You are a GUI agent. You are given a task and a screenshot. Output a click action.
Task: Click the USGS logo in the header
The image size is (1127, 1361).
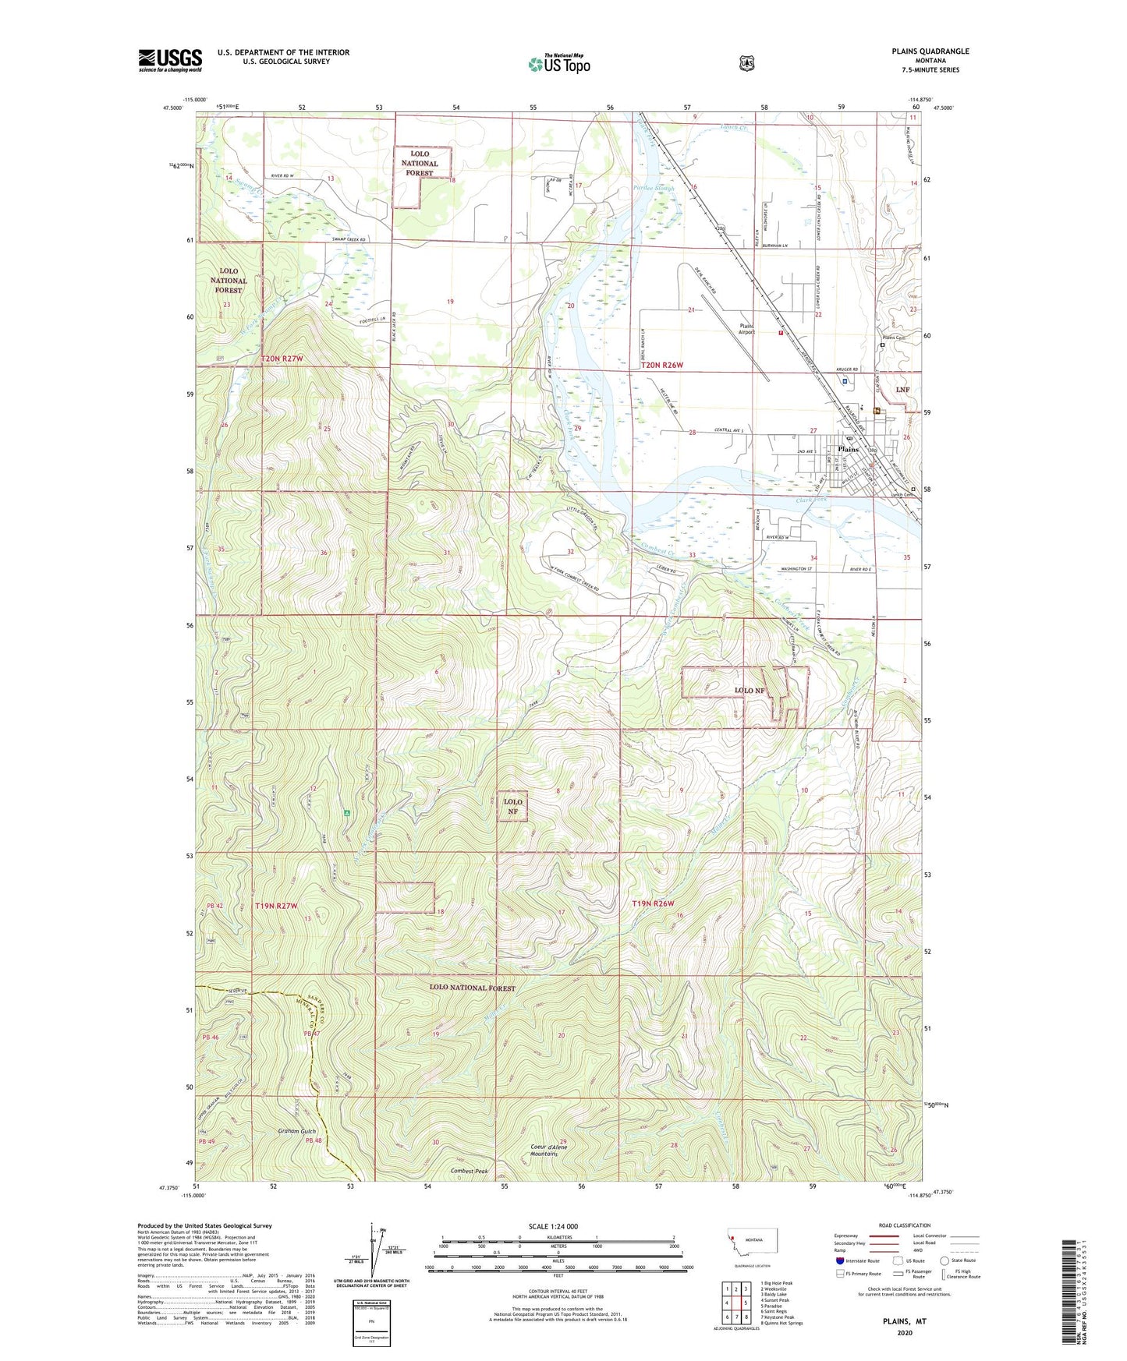point(170,60)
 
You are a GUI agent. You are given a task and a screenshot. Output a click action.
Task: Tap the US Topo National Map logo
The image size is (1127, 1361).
point(559,64)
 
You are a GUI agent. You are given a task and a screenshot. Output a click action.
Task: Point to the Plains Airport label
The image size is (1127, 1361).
point(747,329)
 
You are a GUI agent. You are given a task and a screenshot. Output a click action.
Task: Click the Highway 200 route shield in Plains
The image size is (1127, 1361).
point(873,451)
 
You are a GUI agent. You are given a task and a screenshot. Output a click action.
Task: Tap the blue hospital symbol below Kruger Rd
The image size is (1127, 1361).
point(845,381)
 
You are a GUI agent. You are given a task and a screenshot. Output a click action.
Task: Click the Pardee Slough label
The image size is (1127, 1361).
point(654,189)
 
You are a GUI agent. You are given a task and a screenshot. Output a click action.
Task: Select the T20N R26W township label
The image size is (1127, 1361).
point(661,365)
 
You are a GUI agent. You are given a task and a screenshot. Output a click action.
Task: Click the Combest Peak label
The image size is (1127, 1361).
point(469,1171)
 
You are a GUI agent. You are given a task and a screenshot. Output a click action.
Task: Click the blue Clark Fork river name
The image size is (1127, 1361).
point(810,500)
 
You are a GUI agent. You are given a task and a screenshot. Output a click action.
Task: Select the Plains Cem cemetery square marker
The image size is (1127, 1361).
point(882,345)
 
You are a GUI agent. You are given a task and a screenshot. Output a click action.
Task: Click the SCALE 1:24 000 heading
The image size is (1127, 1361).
point(553,1226)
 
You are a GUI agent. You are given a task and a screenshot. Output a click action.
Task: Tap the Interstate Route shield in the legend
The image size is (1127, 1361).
point(839,1260)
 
